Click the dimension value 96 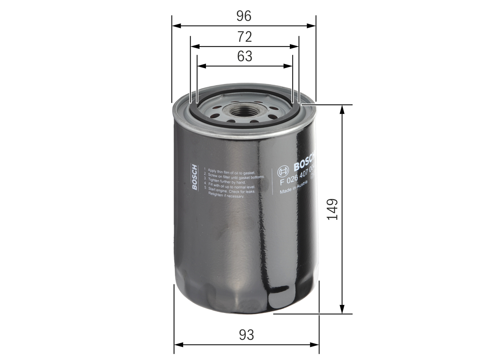(x=244, y=16)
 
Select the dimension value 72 (x=245, y=37)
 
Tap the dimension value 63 (x=245, y=56)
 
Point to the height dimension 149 (x=333, y=209)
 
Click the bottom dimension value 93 (x=246, y=335)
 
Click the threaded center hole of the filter (x=244, y=111)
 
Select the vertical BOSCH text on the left (x=195, y=177)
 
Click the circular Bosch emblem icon (x=283, y=171)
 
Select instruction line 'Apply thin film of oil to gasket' (x=232, y=170)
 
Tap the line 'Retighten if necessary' (x=226, y=195)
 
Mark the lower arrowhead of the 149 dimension (x=342, y=310)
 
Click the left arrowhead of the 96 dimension (x=176, y=26)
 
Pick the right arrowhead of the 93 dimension (x=315, y=345)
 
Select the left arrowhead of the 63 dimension (x=201, y=66)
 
